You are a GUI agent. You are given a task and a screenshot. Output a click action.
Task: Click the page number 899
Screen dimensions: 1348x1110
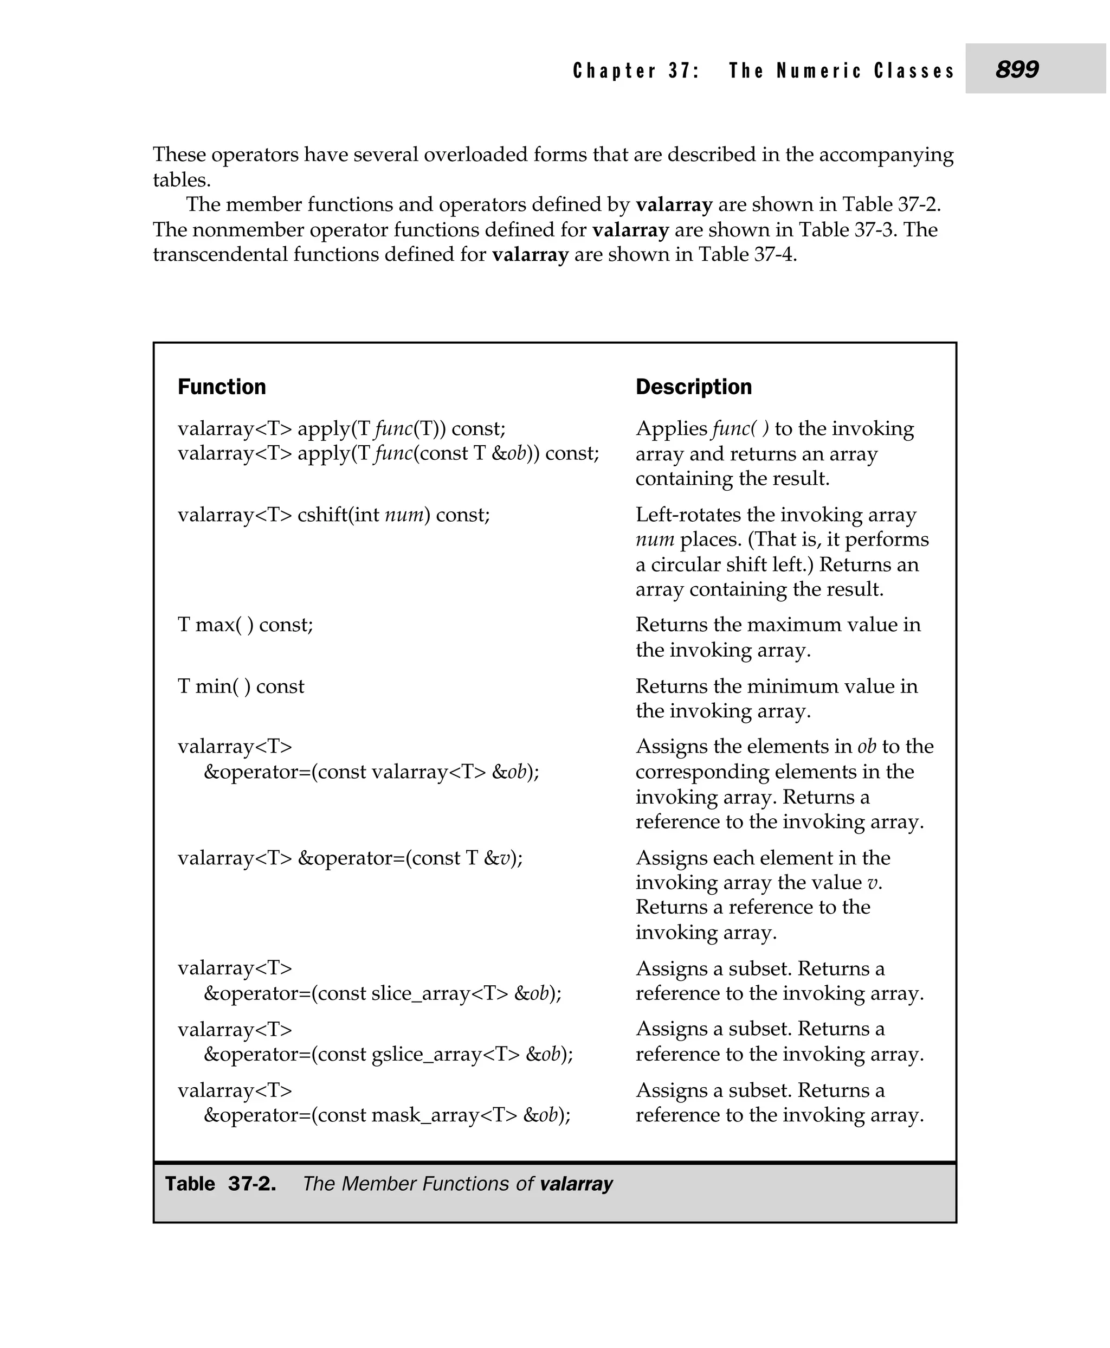(1017, 69)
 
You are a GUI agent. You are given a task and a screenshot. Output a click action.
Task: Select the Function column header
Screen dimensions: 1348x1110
(221, 387)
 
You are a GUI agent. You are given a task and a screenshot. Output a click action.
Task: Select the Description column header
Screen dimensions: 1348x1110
(693, 387)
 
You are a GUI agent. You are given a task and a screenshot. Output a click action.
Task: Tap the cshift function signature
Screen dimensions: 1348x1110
(333, 515)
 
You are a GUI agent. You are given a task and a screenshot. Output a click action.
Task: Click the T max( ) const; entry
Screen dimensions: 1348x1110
(245, 625)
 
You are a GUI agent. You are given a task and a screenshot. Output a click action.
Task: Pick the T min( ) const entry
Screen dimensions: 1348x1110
(241, 686)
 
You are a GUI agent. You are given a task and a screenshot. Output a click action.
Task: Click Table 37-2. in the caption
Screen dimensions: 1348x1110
(221, 1184)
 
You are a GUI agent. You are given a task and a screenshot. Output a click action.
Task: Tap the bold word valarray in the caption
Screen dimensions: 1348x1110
(576, 1184)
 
